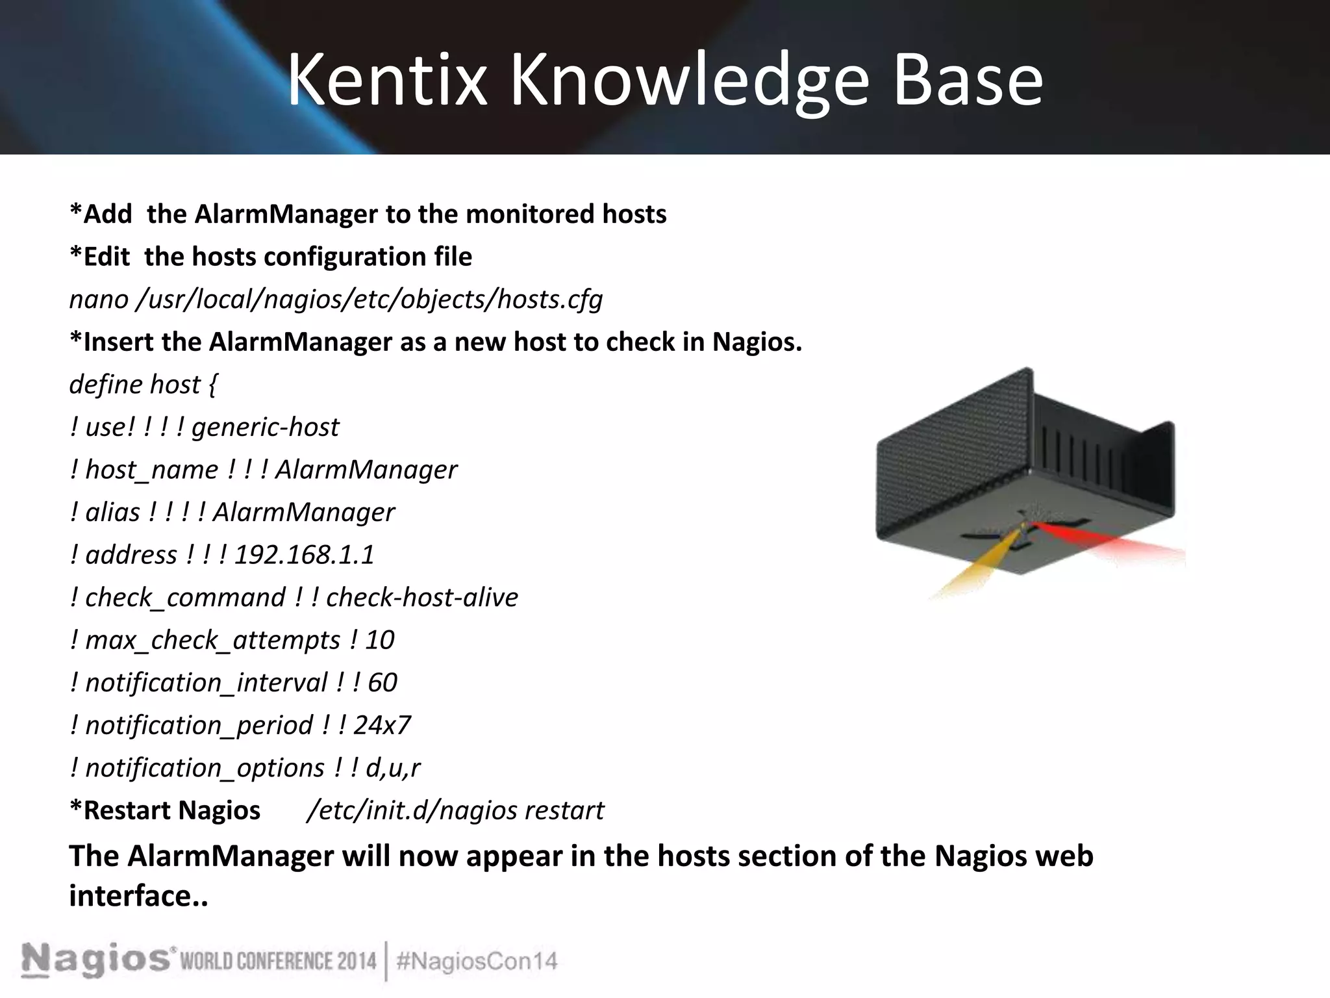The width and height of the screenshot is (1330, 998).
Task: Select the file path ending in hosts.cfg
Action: click(x=369, y=300)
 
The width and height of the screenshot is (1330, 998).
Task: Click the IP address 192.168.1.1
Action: click(x=304, y=555)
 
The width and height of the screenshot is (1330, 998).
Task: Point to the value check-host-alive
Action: click(x=422, y=598)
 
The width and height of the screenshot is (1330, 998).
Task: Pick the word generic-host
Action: click(x=265, y=428)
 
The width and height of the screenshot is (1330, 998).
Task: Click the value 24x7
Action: click(x=382, y=725)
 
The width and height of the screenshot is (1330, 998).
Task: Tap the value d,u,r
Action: click(x=393, y=768)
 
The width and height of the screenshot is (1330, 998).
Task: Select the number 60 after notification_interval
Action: click(x=382, y=683)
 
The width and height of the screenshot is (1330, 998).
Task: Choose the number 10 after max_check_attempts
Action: click(x=379, y=640)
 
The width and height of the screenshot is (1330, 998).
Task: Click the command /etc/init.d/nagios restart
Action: click(x=455, y=811)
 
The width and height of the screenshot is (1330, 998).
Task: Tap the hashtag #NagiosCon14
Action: click(x=477, y=962)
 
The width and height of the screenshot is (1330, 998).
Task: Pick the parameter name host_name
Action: click(x=152, y=470)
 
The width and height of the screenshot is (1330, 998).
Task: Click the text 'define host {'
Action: click(x=143, y=385)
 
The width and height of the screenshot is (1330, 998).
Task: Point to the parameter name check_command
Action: click(x=185, y=598)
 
